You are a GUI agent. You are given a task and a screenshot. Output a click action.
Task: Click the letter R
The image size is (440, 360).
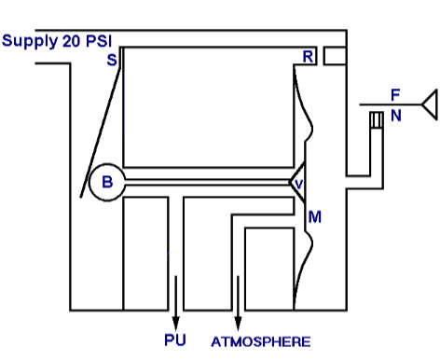pos(308,58)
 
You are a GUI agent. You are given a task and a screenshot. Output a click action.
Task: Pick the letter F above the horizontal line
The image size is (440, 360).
pos(395,95)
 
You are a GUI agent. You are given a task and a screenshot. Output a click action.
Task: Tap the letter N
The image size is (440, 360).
pos(396,116)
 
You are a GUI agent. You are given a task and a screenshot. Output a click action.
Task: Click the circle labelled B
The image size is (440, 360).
pos(106,183)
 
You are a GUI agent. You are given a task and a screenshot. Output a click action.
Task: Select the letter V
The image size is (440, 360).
pos(298,185)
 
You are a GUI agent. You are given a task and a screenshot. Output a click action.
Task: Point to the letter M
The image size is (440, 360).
pos(314,217)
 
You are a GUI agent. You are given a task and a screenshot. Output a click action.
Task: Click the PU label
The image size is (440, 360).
pos(175,340)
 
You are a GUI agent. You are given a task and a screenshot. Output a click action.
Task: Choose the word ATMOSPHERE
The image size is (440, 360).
pos(260,341)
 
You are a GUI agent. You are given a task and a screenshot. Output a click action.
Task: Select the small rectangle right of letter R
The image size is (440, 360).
pos(335,56)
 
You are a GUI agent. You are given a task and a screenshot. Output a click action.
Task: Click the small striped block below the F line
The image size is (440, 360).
pos(377,120)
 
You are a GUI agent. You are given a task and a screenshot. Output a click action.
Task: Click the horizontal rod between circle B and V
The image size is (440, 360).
pos(210,182)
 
